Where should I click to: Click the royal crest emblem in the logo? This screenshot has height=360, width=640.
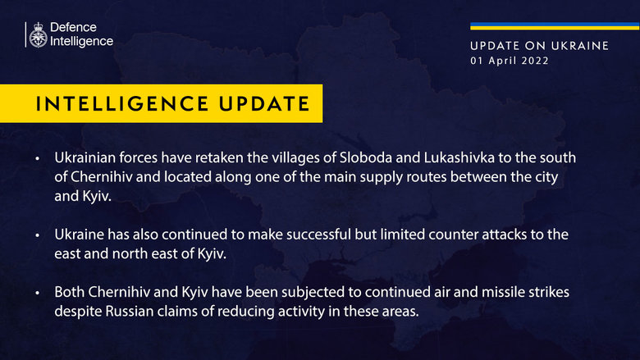[x=37, y=35]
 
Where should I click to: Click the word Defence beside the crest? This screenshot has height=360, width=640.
[x=73, y=28]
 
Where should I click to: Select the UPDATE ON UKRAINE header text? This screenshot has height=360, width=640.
[x=539, y=46]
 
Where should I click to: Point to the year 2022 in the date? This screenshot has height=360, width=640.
[x=534, y=61]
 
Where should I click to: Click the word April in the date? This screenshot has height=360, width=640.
[x=499, y=61]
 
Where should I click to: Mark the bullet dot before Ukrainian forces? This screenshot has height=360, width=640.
[x=37, y=157]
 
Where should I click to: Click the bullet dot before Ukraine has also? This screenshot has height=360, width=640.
[x=37, y=235]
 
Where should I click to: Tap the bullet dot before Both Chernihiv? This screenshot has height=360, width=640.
[x=37, y=294]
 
